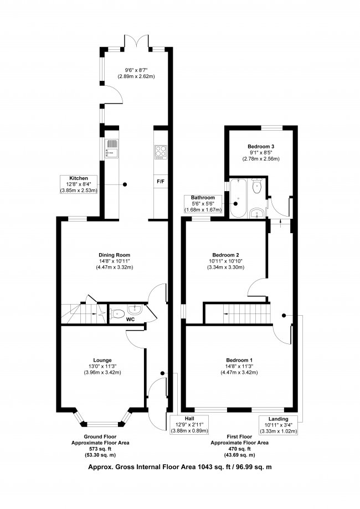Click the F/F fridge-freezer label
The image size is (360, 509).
161,182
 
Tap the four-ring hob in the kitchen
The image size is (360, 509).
161,152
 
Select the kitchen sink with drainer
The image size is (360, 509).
112,149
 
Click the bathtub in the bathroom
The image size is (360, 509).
239,198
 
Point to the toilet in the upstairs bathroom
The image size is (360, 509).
258,186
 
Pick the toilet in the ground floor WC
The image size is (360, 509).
117,314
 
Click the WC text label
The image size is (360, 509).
131,320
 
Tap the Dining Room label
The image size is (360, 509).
115,255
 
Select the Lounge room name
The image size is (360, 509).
102,361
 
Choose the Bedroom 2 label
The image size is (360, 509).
225,255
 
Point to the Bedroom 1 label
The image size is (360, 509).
239,361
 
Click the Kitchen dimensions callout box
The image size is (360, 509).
79,184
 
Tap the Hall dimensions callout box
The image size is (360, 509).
189,425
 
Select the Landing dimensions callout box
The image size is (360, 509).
278,425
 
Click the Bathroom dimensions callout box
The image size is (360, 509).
203,204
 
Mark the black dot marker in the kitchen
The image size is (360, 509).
125,184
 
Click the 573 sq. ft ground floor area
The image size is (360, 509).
100,449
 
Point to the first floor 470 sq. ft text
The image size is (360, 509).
240,449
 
